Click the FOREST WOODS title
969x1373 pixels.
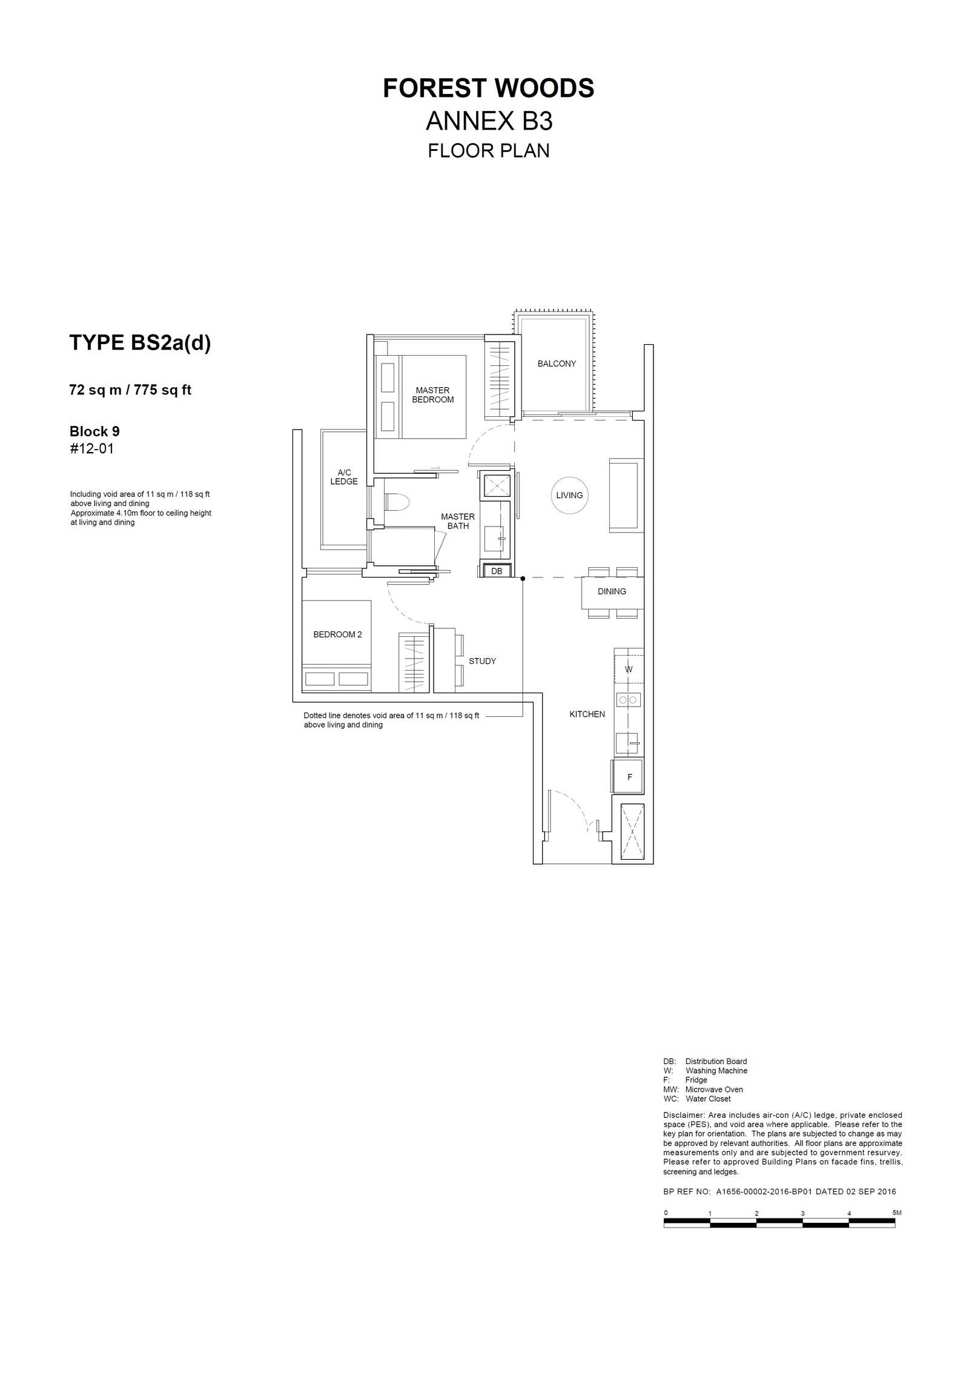488,88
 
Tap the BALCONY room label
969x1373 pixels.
557,364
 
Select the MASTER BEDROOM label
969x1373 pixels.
433,395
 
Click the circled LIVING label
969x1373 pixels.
569,495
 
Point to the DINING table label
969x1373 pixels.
612,591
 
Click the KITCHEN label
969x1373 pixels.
587,714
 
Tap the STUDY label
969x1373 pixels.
482,661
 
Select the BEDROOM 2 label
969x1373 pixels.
337,634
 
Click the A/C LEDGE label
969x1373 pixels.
344,477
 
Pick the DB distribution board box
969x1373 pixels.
497,571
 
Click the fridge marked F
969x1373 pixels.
628,776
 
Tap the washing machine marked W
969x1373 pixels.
629,670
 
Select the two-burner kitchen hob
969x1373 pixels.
629,700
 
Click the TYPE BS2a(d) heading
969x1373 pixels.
140,343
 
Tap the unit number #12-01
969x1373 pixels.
91,448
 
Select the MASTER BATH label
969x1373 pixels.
458,521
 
